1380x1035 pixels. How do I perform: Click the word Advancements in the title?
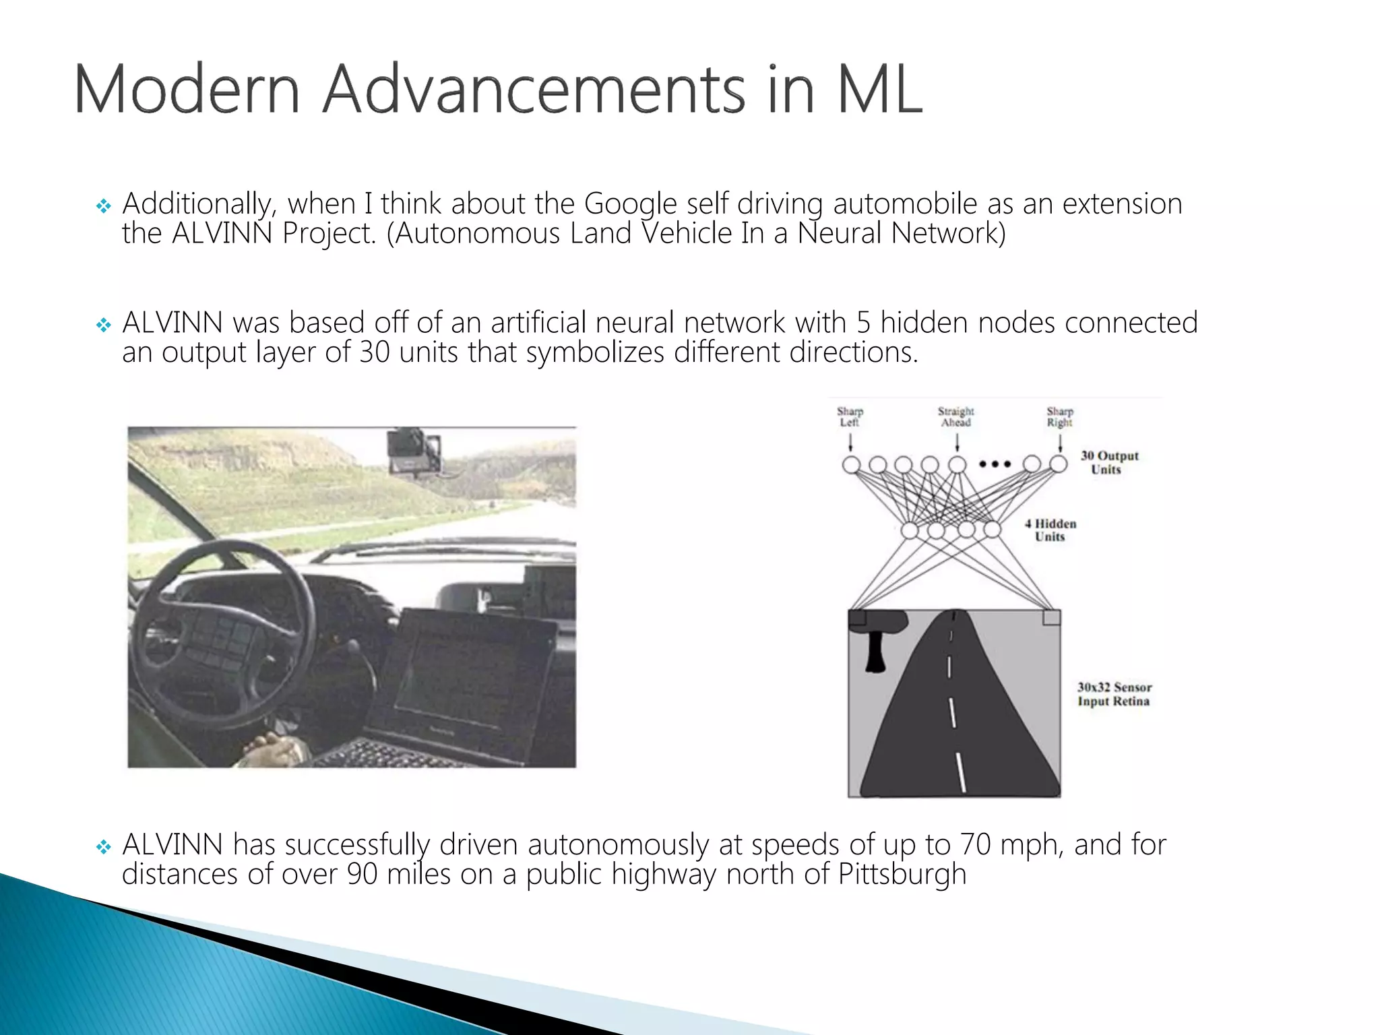tap(534, 90)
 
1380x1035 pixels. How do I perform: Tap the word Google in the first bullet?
tap(630, 203)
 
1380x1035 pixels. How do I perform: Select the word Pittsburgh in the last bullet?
tap(902, 874)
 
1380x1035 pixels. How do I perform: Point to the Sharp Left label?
tap(850, 416)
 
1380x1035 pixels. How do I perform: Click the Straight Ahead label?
tap(956, 416)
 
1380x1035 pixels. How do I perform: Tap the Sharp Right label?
tap(1059, 416)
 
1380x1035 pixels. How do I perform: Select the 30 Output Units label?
tap(1109, 462)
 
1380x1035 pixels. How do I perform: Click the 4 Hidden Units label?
tap(1050, 530)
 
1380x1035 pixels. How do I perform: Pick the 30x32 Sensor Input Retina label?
tap(1114, 694)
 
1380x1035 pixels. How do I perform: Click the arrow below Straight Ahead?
tap(957, 442)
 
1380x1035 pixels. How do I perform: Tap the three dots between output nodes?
tap(995, 464)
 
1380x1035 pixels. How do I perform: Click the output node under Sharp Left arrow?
tap(851, 464)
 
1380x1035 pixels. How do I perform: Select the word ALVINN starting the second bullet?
tap(172, 323)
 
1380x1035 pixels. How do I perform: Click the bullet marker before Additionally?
tap(103, 206)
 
